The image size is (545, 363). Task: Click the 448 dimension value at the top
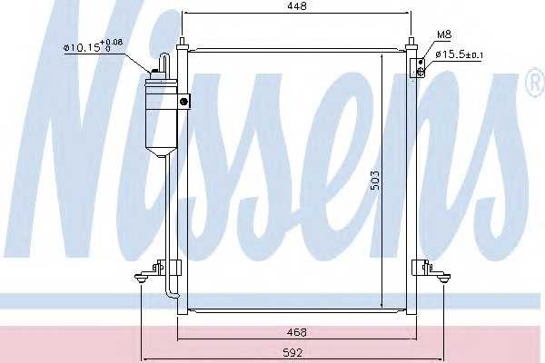pyautogui.click(x=297, y=6)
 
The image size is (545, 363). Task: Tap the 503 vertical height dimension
pyautogui.click(x=375, y=181)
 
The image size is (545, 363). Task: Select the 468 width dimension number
pyautogui.click(x=297, y=332)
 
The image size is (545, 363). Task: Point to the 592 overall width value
pyautogui.click(x=292, y=353)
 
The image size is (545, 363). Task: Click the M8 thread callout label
pyautogui.click(x=444, y=34)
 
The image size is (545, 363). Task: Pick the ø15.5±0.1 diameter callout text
pyautogui.click(x=459, y=54)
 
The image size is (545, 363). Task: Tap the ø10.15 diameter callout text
pyautogui.click(x=94, y=46)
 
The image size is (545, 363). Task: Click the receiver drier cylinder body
pyautogui.click(x=161, y=114)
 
